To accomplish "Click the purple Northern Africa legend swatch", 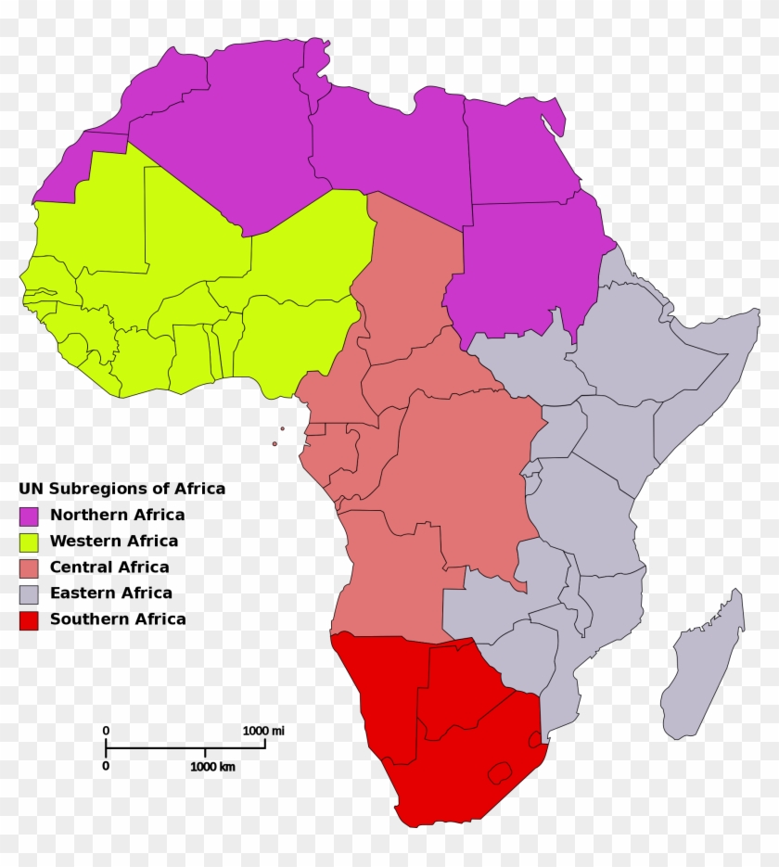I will tap(29, 516).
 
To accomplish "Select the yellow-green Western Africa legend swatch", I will tap(29, 542).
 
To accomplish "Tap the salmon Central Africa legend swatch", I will tap(29, 567).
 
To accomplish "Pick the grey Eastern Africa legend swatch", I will tap(29, 593).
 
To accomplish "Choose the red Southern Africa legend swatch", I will tap(29, 619).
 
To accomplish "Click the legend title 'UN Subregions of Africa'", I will tap(121, 489).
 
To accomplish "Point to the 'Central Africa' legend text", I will tap(109, 567).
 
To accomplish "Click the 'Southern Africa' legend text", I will tap(118, 618).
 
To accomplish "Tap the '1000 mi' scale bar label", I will tap(263, 731).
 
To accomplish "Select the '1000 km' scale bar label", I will tap(212, 767).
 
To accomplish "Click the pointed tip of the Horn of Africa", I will tap(755, 314).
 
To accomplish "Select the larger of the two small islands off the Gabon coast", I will tap(275, 443).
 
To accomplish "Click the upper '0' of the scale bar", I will tap(106, 731).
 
